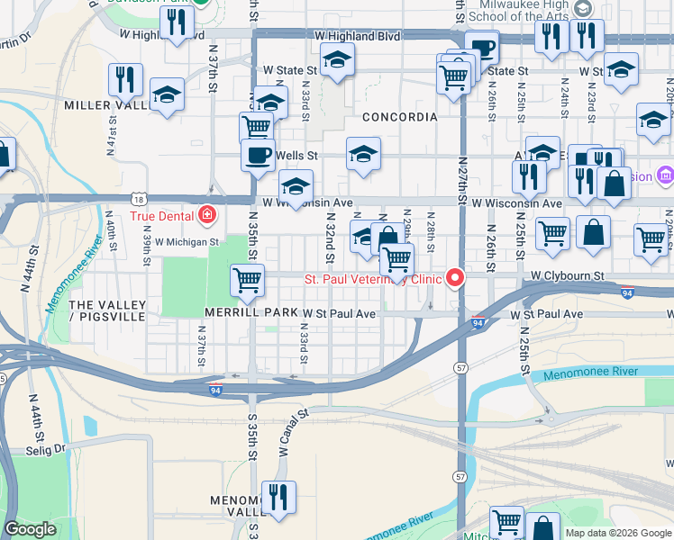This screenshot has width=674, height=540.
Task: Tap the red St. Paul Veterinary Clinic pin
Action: tap(455, 278)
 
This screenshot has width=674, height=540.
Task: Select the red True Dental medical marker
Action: tap(208, 215)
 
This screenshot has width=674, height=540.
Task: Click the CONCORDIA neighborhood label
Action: tap(400, 117)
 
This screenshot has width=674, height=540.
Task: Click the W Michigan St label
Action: tap(187, 241)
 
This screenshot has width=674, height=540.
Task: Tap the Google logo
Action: tap(30, 529)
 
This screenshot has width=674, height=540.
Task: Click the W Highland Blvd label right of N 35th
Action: tap(357, 35)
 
